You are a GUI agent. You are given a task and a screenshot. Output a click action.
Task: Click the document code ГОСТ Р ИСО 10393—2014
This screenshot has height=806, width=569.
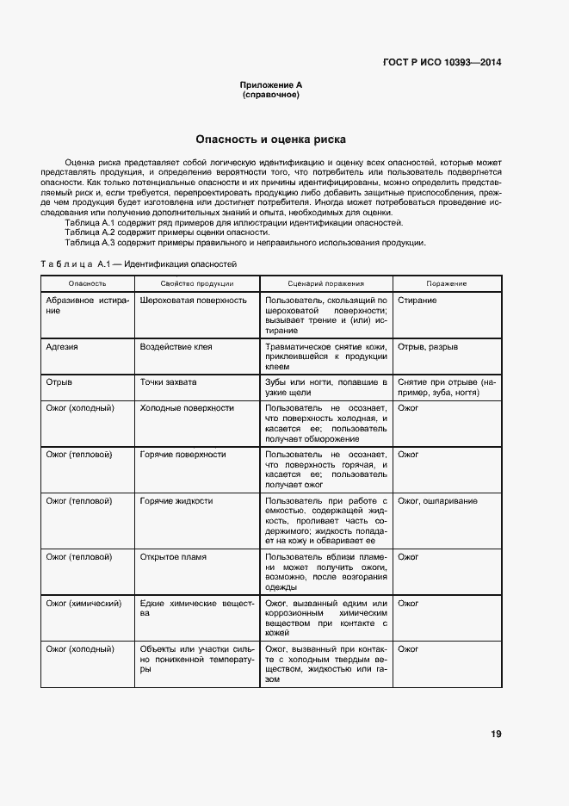[x=442, y=62]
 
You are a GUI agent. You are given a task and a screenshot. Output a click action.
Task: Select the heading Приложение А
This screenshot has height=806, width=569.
[x=271, y=85]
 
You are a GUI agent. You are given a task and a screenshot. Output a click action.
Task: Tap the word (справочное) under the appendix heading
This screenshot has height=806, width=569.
[x=271, y=95]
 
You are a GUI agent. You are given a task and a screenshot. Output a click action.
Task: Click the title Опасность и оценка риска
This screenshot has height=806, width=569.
[x=270, y=138]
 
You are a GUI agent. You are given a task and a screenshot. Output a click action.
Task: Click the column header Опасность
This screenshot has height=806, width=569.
[x=87, y=283]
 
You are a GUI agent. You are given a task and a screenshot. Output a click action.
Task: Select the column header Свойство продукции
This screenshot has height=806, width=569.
[x=196, y=283]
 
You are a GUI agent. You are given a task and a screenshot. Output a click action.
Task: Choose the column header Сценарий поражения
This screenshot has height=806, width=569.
[x=325, y=283]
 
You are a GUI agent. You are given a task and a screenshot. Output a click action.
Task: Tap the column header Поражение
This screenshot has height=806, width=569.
[x=446, y=283]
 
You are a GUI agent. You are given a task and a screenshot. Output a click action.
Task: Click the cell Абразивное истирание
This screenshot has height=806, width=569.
[x=87, y=306]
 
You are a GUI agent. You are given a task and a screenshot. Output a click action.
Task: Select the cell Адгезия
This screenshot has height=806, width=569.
[x=62, y=347]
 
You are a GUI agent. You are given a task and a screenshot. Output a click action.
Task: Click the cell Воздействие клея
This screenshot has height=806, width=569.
[x=176, y=347]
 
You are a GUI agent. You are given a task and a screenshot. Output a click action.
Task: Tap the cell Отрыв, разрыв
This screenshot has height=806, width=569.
[x=428, y=347]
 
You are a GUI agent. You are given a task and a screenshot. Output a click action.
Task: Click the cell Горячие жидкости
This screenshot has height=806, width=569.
[x=176, y=500]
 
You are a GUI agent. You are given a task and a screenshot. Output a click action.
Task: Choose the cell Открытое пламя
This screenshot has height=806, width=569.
[x=173, y=557]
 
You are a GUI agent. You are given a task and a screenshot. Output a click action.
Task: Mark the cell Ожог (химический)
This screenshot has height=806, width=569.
[x=83, y=603]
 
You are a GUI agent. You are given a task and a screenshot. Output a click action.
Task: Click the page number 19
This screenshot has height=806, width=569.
[x=496, y=734]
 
